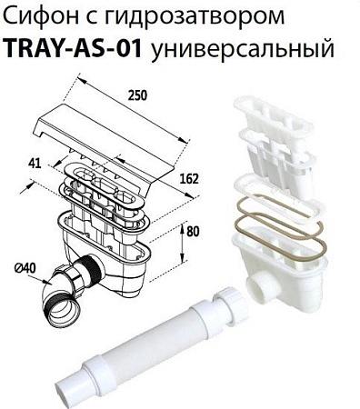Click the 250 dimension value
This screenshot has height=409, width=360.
pyautogui.click(x=137, y=94)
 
